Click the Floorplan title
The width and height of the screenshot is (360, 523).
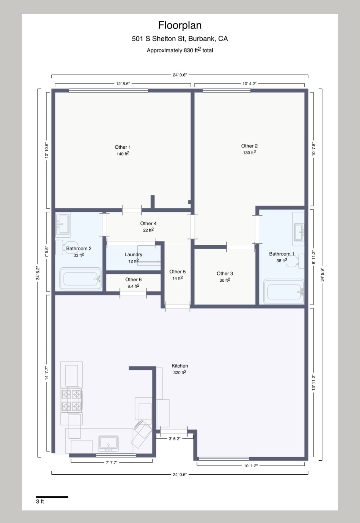click(x=180, y=25)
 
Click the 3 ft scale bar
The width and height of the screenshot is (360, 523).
click(x=52, y=497)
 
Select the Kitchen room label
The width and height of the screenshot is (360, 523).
click(x=180, y=365)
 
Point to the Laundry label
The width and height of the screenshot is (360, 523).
click(x=133, y=254)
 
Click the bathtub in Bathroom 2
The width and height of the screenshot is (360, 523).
click(x=80, y=279)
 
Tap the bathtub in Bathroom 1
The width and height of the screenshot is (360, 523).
click(x=284, y=291)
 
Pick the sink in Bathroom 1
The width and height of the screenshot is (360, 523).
click(x=299, y=232)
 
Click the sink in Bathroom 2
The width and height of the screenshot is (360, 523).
click(x=63, y=224)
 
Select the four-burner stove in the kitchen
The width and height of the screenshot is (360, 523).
click(x=72, y=400)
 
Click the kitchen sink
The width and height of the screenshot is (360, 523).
click(x=108, y=443)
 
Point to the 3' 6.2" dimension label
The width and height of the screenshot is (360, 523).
click(x=174, y=439)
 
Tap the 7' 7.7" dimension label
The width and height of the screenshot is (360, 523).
click(x=112, y=462)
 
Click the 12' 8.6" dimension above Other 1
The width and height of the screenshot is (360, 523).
click(x=123, y=83)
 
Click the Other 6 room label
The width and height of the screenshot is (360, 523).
click(x=133, y=280)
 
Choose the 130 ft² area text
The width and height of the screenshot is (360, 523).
click(x=249, y=152)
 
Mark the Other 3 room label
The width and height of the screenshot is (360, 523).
click(x=225, y=273)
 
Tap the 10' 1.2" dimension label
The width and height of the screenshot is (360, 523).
click(x=251, y=466)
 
